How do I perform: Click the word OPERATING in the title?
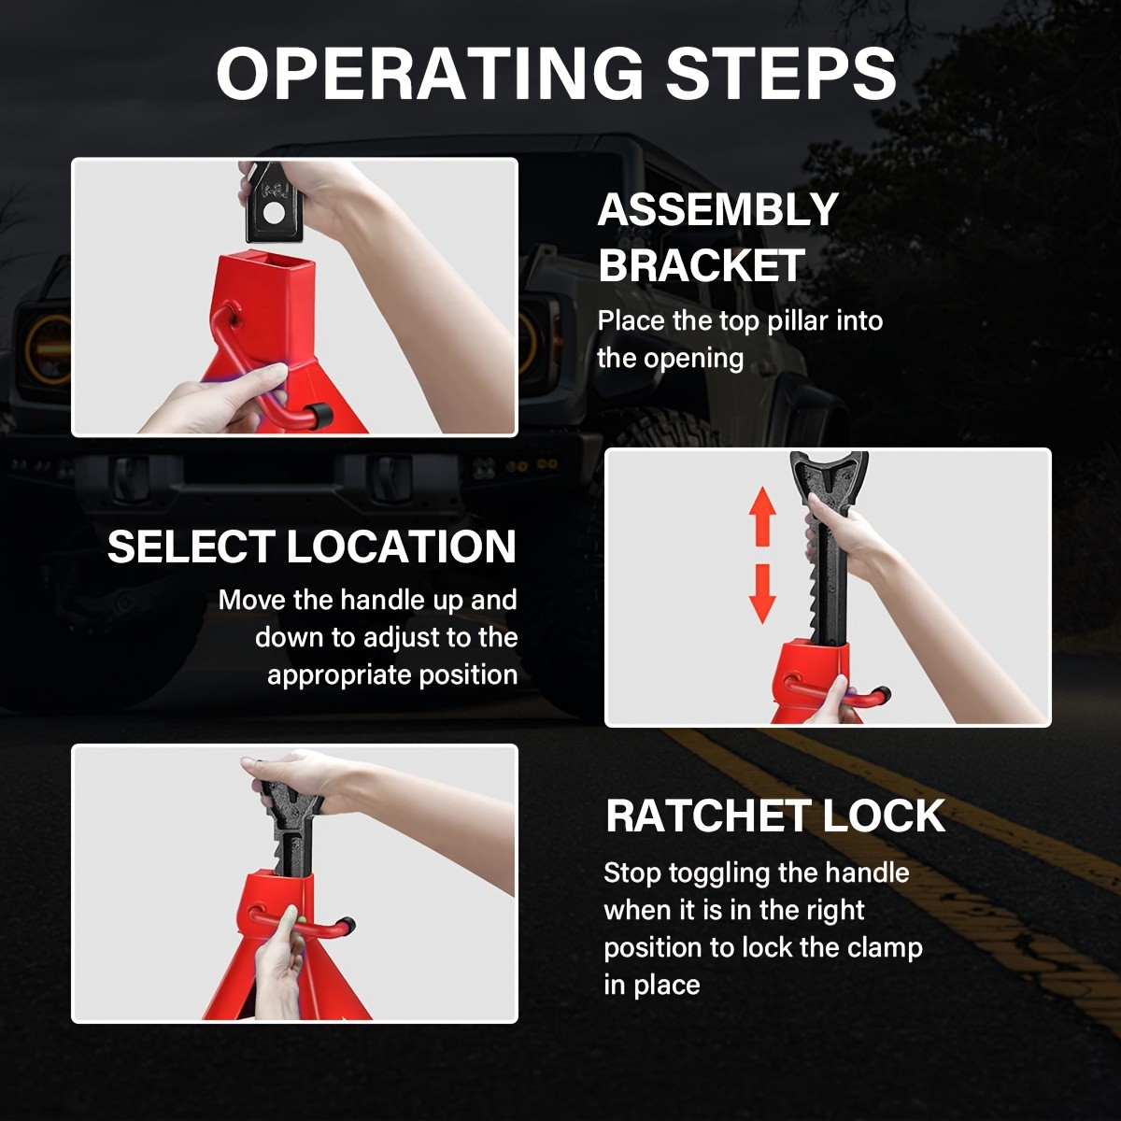pyautogui.click(x=430, y=73)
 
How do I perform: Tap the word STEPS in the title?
pyautogui.click(x=781, y=73)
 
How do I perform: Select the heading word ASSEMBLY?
pyautogui.click(x=717, y=209)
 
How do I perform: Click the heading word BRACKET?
pyautogui.click(x=702, y=265)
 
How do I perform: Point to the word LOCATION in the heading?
pyautogui.click(x=402, y=546)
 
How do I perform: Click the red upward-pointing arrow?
pyautogui.click(x=762, y=516)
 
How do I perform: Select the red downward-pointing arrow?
pyautogui.click(x=762, y=593)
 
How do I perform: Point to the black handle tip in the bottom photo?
pyautogui.click(x=347, y=924)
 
